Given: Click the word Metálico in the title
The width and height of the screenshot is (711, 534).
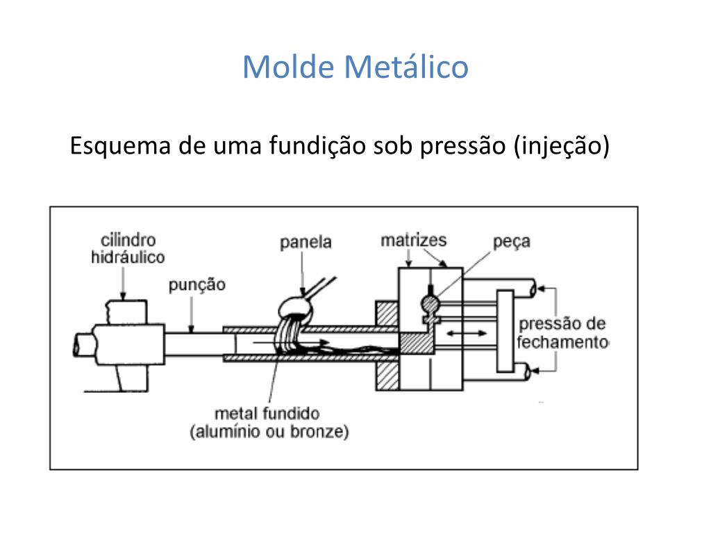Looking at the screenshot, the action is coord(406,67).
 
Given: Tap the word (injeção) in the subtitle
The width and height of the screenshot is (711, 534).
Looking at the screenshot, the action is coord(562,146).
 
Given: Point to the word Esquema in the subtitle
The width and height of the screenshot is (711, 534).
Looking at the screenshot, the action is coord(120,146).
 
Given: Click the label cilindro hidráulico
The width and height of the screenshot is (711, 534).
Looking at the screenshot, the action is coord(128,249).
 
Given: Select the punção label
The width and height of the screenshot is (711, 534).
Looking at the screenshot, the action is coord(197,285).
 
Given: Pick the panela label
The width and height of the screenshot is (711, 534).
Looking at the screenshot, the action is coord(306,242).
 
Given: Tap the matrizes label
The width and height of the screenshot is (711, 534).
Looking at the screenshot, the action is coord(414,240).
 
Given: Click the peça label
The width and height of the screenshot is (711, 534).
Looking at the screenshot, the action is coord(512,241).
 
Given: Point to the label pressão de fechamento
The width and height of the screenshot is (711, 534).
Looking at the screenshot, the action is coord(562,333).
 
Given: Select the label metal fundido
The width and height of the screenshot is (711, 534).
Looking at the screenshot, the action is coord(267,414).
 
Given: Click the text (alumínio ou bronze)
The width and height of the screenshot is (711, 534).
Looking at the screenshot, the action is coord(269,431).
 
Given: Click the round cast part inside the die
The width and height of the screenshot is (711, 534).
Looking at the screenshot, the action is coord(430,303).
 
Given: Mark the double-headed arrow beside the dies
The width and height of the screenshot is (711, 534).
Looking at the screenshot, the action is coord(467,333).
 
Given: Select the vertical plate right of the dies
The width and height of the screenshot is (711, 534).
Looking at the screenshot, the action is coord(505,331).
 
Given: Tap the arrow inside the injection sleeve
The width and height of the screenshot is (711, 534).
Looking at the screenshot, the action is coord(291,342).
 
